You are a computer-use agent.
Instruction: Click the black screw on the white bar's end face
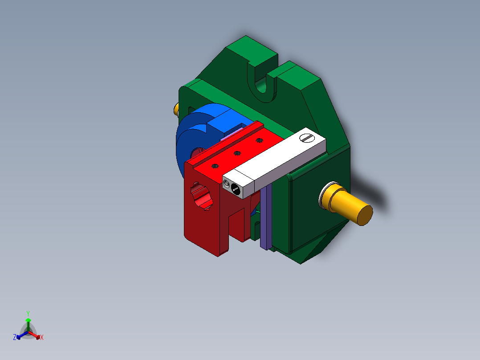click(236, 189)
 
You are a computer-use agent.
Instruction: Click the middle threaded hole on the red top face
click(236, 153)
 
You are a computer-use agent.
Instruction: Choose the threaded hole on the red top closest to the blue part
click(259, 141)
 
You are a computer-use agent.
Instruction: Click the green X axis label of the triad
click(42, 338)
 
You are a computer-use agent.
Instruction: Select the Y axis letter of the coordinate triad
click(28, 313)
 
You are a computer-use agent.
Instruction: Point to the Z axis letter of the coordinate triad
click(15, 337)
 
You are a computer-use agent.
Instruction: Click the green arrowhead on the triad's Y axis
click(28, 320)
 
